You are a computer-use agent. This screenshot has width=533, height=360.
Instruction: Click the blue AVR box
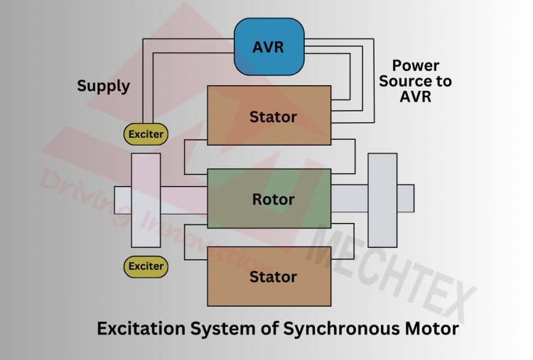(269, 47)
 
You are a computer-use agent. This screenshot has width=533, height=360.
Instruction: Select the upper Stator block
(269, 116)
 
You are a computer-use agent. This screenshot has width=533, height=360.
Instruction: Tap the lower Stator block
(269, 277)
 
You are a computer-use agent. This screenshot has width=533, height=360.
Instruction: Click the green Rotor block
(269, 199)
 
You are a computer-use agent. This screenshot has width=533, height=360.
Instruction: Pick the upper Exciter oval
(146, 133)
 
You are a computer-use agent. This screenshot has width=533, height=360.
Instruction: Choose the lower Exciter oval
(146, 267)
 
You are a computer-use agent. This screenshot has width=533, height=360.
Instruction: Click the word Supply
(104, 87)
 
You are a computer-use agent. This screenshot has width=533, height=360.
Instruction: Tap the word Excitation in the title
(139, 329)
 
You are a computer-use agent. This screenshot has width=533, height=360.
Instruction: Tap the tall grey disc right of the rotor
(382, 200)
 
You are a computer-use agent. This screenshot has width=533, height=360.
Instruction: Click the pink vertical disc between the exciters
(146, 200)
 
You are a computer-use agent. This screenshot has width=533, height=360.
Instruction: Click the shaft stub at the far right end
(405, 198)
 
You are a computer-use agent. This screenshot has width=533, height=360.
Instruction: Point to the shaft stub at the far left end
(122, 200)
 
